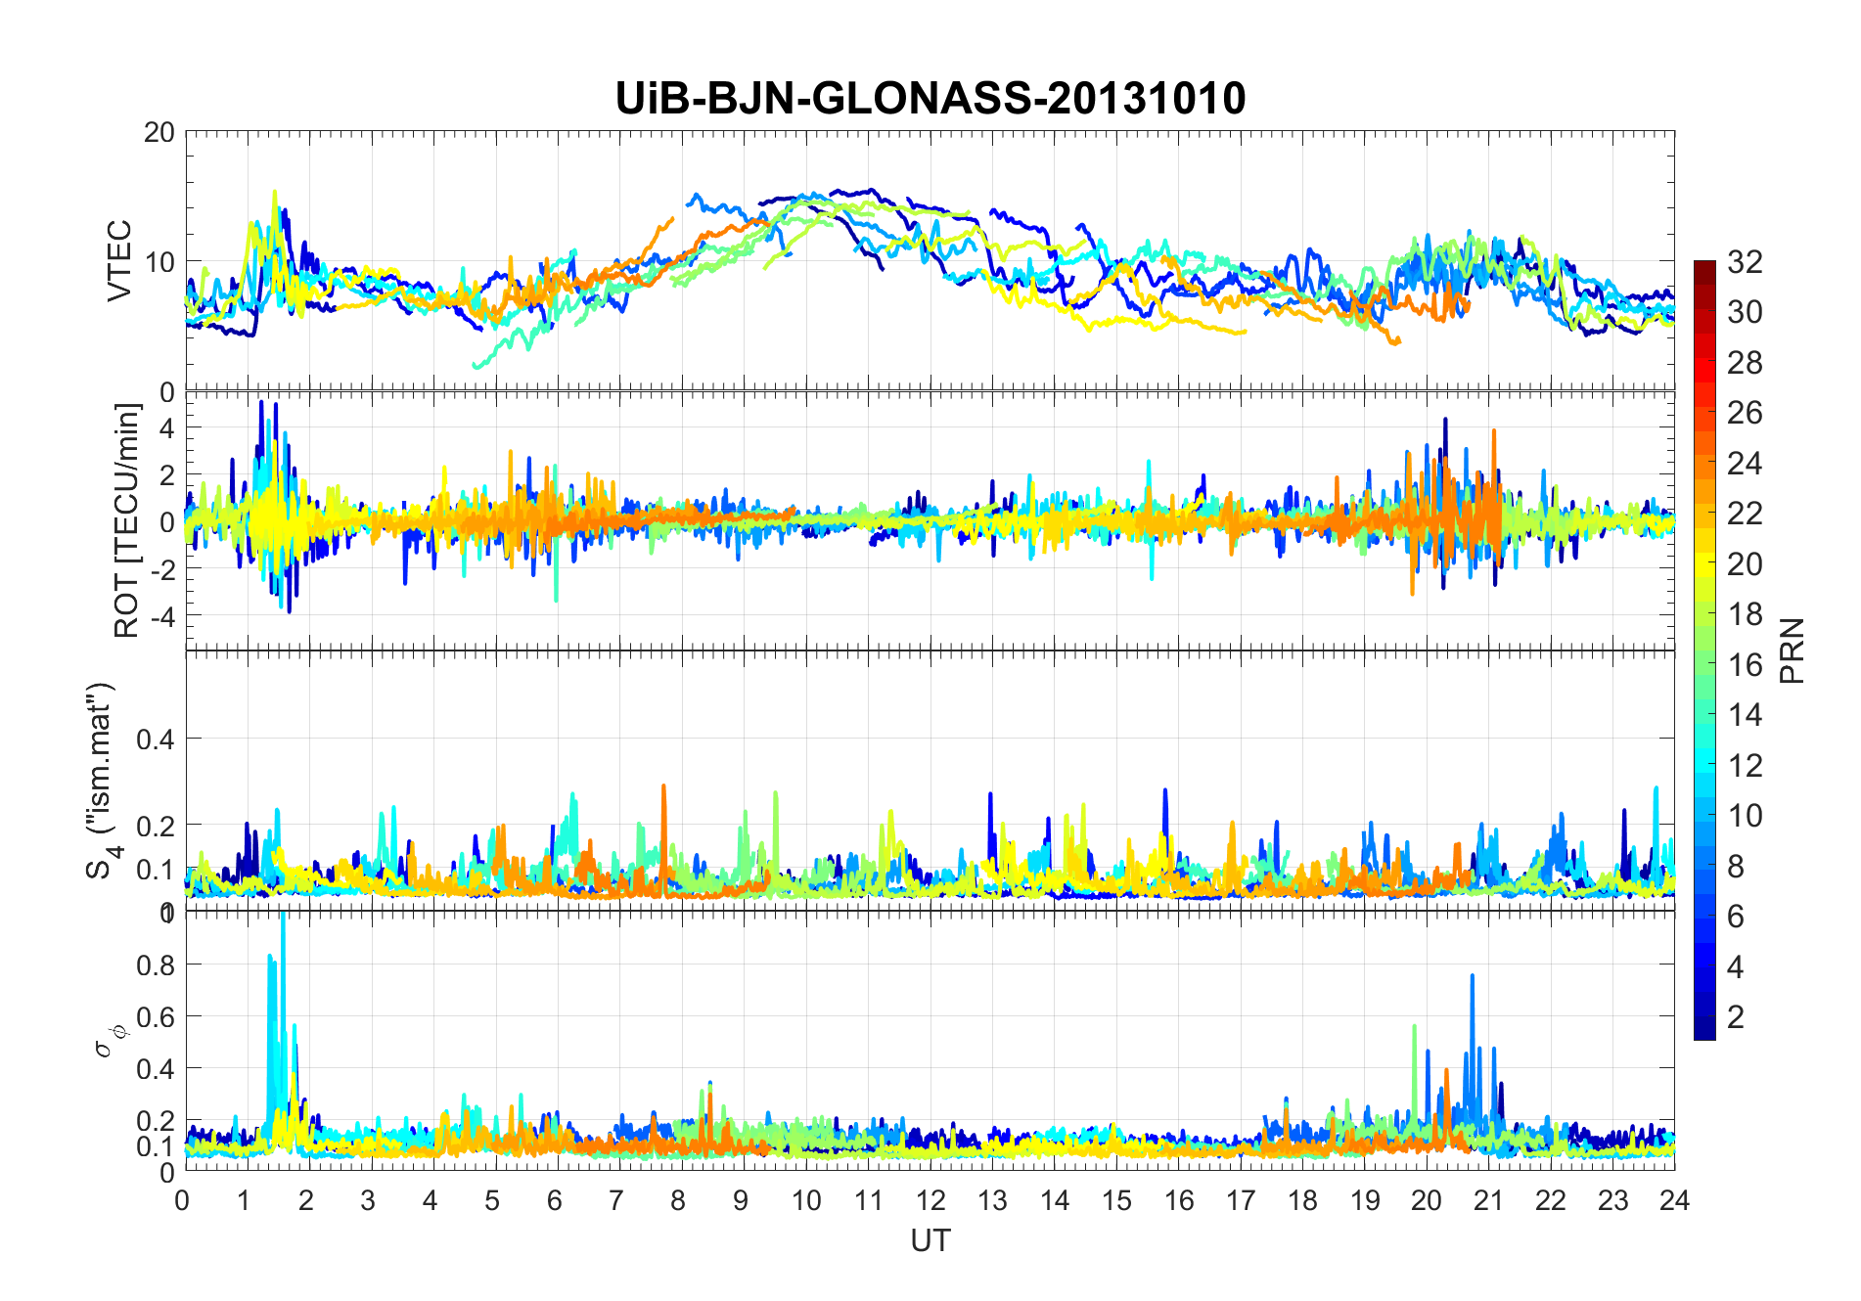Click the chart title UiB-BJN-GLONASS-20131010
pyautogui.click(x=930, y=98)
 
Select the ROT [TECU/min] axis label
pyautogui.click(x=127, y=520)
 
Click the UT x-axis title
pyautogui.click(x=930, y=1240)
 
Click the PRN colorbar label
pyautogui.click(x=1793, y=650)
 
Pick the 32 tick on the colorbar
pyautogui.click(x=1745, y=261)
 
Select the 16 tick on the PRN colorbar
pyautogui.click(x=1745, y=665)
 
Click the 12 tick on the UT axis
pyautogui.click(x=930, y=1200)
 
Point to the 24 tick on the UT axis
pyautogui.click(x=1674, y=1200)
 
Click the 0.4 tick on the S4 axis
pyautogui.click(x=155, y=739)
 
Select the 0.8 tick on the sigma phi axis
pyautogui.click(x=155, y=965)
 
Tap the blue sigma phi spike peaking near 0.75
pyautogui.click(x=1472, y=978)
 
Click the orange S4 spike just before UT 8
pyautogui.click(x=663, y=788)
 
